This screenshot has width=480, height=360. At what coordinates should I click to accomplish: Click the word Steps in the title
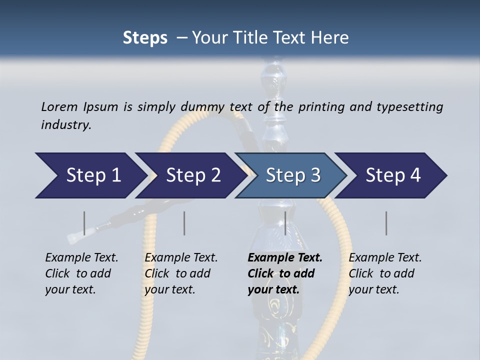(x=145, y=38)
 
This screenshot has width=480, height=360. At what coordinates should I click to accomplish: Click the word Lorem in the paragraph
(x=59, y=106)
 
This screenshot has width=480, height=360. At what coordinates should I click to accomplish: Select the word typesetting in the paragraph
(x=409, y=106)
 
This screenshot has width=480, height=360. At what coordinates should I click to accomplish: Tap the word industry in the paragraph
(x=66, y=124)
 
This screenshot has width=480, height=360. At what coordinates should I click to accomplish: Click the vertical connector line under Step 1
(x=84, y=223)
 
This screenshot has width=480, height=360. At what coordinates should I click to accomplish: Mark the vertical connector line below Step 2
(x=184, y=223)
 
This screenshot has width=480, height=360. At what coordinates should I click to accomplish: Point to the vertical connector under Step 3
(x=285, y=223)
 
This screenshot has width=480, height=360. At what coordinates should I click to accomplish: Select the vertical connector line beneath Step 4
(x=386, y=223)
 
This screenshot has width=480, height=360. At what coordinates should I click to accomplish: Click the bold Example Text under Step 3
(x=285, y=258)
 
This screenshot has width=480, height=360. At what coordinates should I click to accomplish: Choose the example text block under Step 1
(x=81, y=273)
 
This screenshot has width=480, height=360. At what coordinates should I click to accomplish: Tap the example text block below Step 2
(x=181, y=273)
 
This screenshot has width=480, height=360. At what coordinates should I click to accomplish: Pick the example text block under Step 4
(x=385, y=273)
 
